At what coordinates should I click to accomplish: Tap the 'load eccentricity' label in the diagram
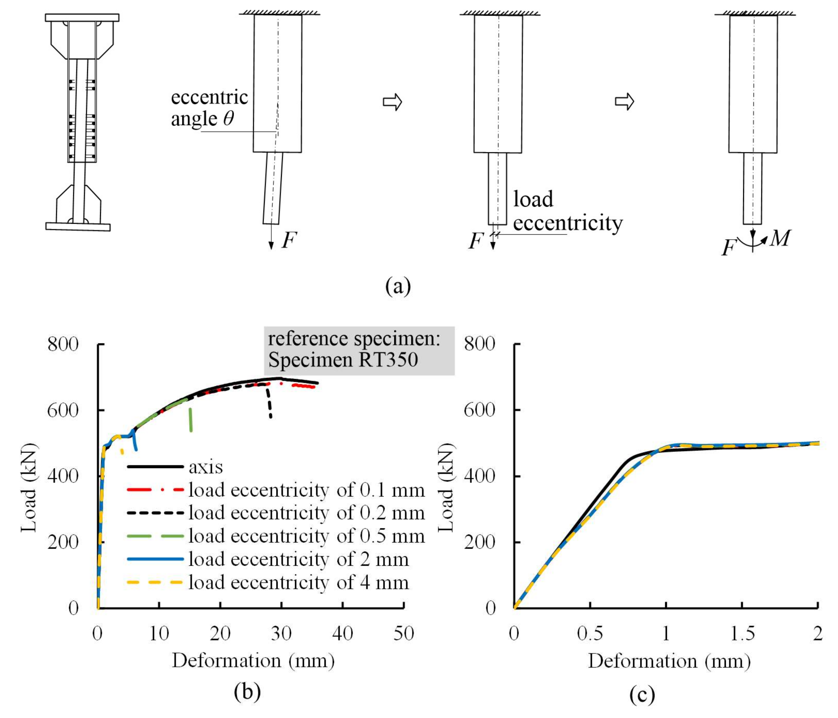pos(567,211)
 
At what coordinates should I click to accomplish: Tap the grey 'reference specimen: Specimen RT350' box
pos(359,350)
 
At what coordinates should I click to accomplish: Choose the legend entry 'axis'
pos(205,467)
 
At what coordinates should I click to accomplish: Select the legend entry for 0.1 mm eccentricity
pos(307,490)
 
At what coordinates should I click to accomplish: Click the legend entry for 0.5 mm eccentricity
pos(307,536)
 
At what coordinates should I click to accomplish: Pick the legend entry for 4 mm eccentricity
pos(299,582)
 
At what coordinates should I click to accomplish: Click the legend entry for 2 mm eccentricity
pos(299,559)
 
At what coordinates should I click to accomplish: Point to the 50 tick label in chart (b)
pos(404,633)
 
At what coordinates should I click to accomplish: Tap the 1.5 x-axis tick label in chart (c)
pos(742,633)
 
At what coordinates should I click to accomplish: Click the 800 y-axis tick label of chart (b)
pos(63,344)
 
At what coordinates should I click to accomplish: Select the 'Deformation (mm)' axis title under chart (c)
pos(669,661)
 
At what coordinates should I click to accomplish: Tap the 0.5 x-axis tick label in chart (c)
pos(590,633)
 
